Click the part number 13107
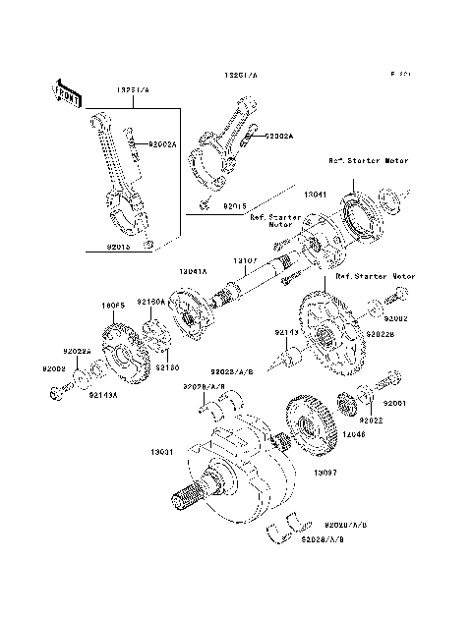pos(246,260)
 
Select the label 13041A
pos(195,270)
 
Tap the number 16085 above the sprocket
pos(115,306)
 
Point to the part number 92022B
pos(379,335)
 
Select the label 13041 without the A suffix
pos(316,196)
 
